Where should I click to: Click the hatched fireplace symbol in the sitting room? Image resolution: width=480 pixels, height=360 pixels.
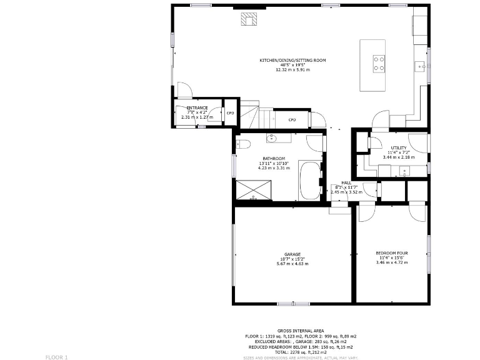click(x=249, y=19)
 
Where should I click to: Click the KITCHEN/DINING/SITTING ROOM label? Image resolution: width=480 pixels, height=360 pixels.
click(x=292, y=61)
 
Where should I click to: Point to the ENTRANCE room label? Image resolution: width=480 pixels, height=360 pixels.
click(x=197, y=108)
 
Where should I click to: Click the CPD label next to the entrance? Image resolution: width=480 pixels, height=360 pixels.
click(x=230, y=113)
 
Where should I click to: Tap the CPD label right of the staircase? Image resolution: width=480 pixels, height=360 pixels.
click(x=292, y=120)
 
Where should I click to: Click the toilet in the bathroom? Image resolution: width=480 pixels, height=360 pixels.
click(x=244, y=145)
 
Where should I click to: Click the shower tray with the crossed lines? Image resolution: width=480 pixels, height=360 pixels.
click(x=254, y=189)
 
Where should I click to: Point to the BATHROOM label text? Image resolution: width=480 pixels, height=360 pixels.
click(x=274, y=159)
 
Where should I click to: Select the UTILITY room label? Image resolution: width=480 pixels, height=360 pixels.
click(x=398, y=147)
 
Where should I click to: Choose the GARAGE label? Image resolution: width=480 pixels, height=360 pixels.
click(x=292, y=254)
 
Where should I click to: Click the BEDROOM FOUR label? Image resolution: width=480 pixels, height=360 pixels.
click(x=392, y=253)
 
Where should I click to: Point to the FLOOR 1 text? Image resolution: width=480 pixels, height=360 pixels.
click(x=56, y=357)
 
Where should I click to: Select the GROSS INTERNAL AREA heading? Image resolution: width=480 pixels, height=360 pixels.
click(x=301, y=331)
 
